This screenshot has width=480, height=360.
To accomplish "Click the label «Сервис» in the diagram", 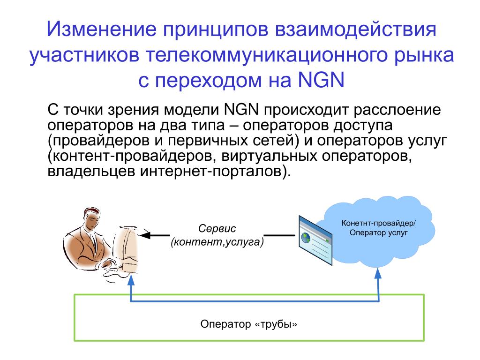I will (217, 229).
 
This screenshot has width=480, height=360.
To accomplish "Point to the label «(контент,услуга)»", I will (217, 242).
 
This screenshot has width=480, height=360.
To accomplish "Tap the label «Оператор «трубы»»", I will (249, 324).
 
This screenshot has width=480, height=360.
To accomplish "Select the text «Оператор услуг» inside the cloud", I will (378, 232).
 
